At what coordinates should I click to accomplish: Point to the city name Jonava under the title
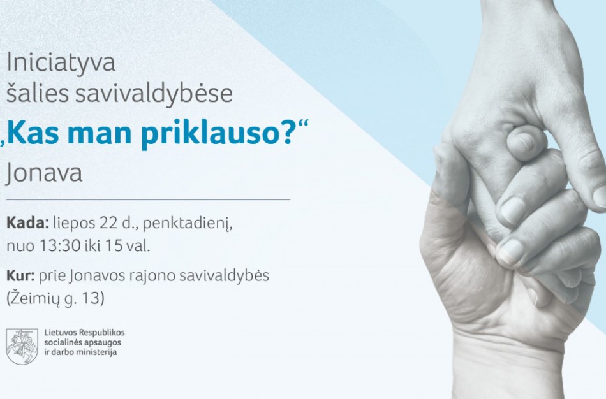click(44, 173)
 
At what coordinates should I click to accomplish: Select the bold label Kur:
click(20, 276)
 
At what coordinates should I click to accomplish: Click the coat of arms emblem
click(22, 347)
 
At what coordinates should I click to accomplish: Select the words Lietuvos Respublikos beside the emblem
click(84, 333)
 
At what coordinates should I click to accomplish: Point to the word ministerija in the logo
click(95, 352)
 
